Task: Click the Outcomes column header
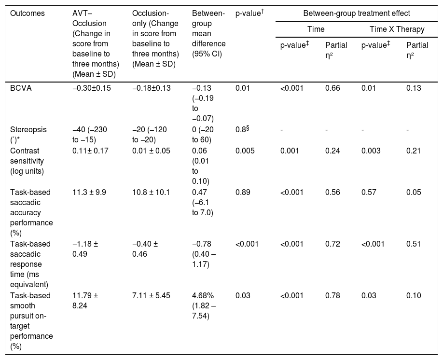[x=28, y=14]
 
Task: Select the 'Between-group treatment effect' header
[x=357, y=14]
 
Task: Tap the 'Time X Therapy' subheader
[x=397, y=29]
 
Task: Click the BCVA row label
[x=21, y=88]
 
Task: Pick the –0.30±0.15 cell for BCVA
[x=92, y=88]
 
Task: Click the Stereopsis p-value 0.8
[x=242, y=129]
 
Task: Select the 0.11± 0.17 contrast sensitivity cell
[x=90, y=151]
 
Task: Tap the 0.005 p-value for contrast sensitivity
[x=245, y=151]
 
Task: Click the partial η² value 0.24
[x=332, y=151]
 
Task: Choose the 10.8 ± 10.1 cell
[x=151, y=193]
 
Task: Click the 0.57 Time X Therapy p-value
[x=369, y=193]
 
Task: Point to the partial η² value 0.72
[x=332, y=244]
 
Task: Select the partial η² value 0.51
[x=414, y=244]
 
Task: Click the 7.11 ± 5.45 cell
[x=151, y=295]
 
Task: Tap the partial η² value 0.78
[x=332, y=295]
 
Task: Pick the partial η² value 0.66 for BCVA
[x=332, y=88]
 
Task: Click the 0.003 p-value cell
[x=371, y=151]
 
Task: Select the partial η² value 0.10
[x=414, y=295]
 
